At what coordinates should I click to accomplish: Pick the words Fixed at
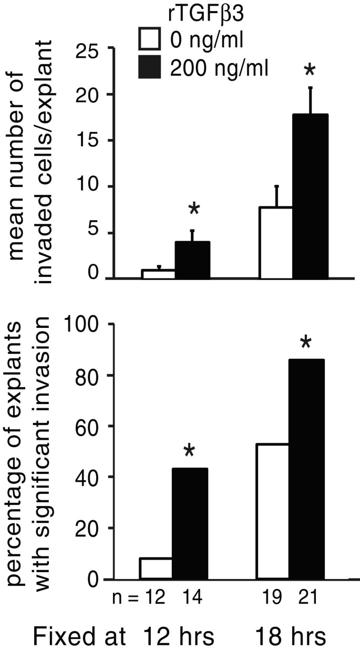click(79, 636)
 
